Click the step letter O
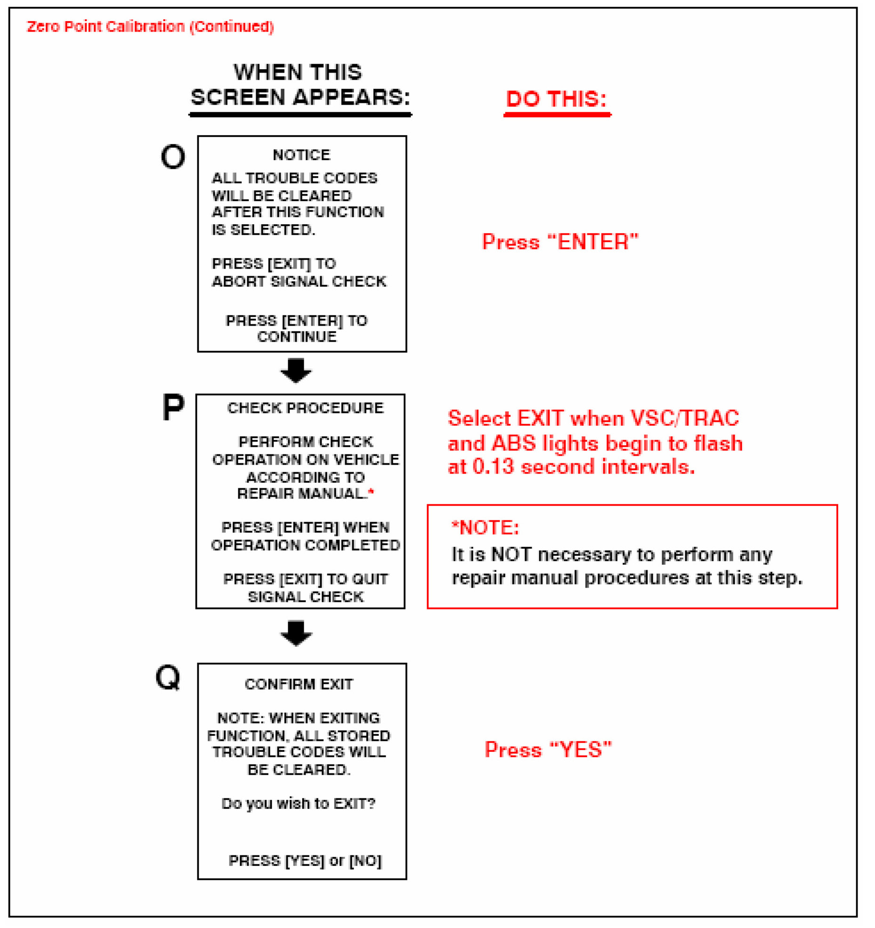click(x=172, y=156)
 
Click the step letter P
click(x=173, y=407)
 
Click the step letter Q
click(x=168, y=677)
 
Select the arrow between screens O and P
click(x=296, y=370)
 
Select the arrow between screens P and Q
click(x=296, y=633)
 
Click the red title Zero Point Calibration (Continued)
click(x=150, y=26)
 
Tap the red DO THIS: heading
click(x=556, y=99)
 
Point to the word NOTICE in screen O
click(x=301, y=155)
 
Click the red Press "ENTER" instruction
click(x=560, y=242)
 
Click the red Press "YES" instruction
click(x=548, y=749)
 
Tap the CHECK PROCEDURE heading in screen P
click(x=305, y=408)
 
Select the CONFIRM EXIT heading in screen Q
click(x=299, y=684)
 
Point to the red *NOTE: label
click(x=485, y=527)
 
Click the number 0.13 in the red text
click(x=493, y=467)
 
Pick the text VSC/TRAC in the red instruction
click(x=684, y=418)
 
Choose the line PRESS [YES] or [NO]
click(x=305, y=861)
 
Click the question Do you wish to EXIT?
click(x=298, y=803)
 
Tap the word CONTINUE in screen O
click(x=297, y=337)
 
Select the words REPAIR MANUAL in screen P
click(x=300, y=493)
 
